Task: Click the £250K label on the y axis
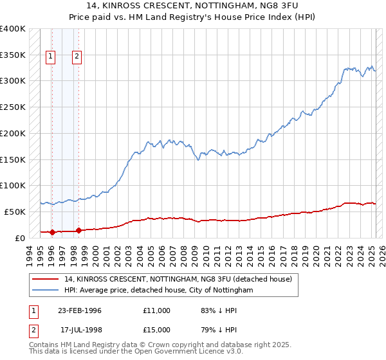[13, 107]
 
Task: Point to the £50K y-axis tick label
[15, 212]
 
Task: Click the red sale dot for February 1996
[51, 232]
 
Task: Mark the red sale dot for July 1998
[78, 230]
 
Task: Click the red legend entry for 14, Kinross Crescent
[178, 279]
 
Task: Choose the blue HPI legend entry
[159, 291]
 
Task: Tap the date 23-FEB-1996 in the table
[80, 310]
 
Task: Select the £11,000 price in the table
[157, 310]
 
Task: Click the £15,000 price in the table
[157, 330]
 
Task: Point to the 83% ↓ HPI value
[219, 310]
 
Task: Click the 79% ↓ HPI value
[219, 330]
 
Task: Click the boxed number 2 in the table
[33, 330]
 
